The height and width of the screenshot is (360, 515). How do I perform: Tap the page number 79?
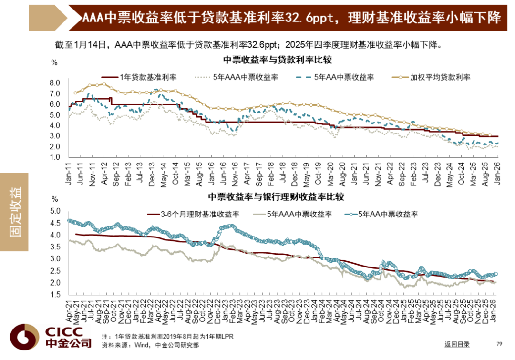pos(499,344)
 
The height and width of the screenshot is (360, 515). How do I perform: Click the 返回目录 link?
pos(457,344)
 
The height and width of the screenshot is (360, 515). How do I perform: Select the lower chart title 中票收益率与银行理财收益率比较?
pos(276,196)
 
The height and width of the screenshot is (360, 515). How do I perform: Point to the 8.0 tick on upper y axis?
pos(55,83)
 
